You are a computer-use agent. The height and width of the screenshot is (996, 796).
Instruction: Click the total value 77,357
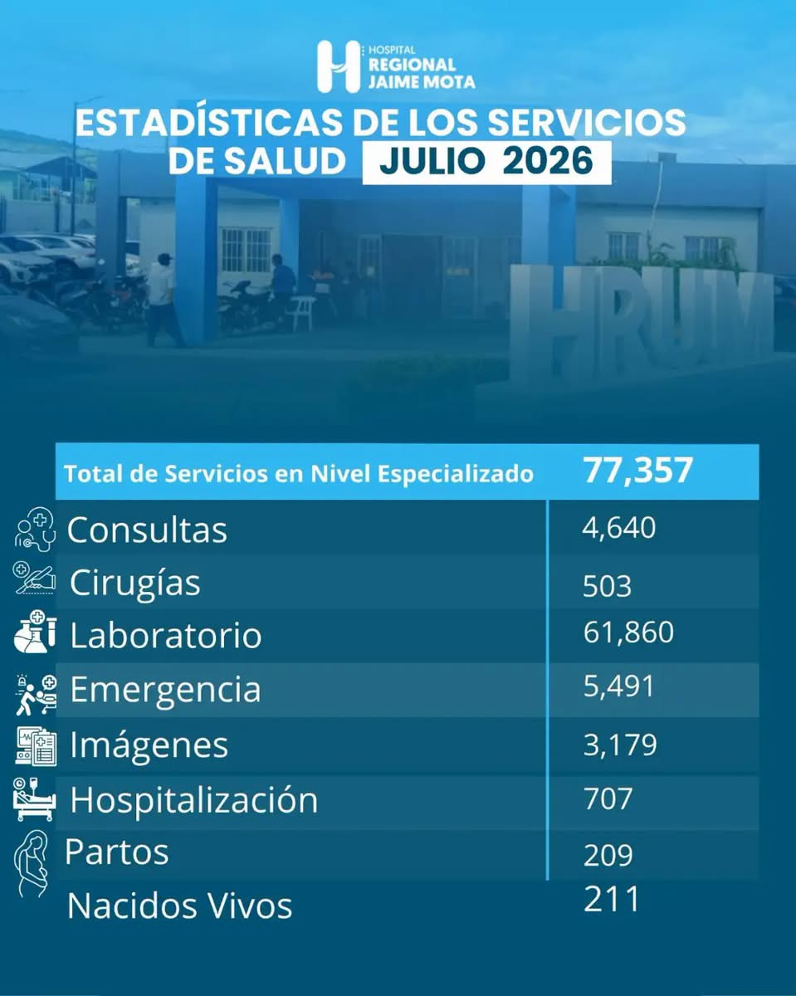pos(637,471)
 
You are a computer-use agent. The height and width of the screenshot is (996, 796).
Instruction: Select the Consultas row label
pos(147,530)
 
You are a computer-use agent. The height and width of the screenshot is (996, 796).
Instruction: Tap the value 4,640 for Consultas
pos(618,528)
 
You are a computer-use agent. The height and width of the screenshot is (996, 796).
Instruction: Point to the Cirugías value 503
pos(607,586)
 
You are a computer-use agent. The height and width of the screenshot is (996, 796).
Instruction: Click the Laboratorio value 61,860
pos(628,632)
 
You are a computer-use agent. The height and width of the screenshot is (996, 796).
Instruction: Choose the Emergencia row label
pos(166,690)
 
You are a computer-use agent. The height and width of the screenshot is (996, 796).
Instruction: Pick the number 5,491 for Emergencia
pos(618,686)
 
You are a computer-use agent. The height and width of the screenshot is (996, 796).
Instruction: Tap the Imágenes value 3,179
pos(620,745)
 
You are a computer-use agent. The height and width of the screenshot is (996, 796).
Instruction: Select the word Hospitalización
pos(194,801)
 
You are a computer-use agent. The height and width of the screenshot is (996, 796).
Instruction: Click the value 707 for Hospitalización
pos(608,799)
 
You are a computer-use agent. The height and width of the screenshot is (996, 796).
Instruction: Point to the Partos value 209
pos(608,855)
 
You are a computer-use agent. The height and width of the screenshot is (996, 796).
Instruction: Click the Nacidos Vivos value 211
pos(612,899)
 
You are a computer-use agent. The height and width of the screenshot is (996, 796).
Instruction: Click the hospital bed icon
pos(34,800)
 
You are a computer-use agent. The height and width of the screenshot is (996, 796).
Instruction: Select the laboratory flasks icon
pos(35,632)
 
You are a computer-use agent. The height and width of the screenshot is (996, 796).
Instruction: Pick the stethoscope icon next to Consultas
pos(35,530)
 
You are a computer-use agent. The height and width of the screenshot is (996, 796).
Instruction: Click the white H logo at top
pos(339,66)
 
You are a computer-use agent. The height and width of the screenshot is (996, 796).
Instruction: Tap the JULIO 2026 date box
pos(486,163)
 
